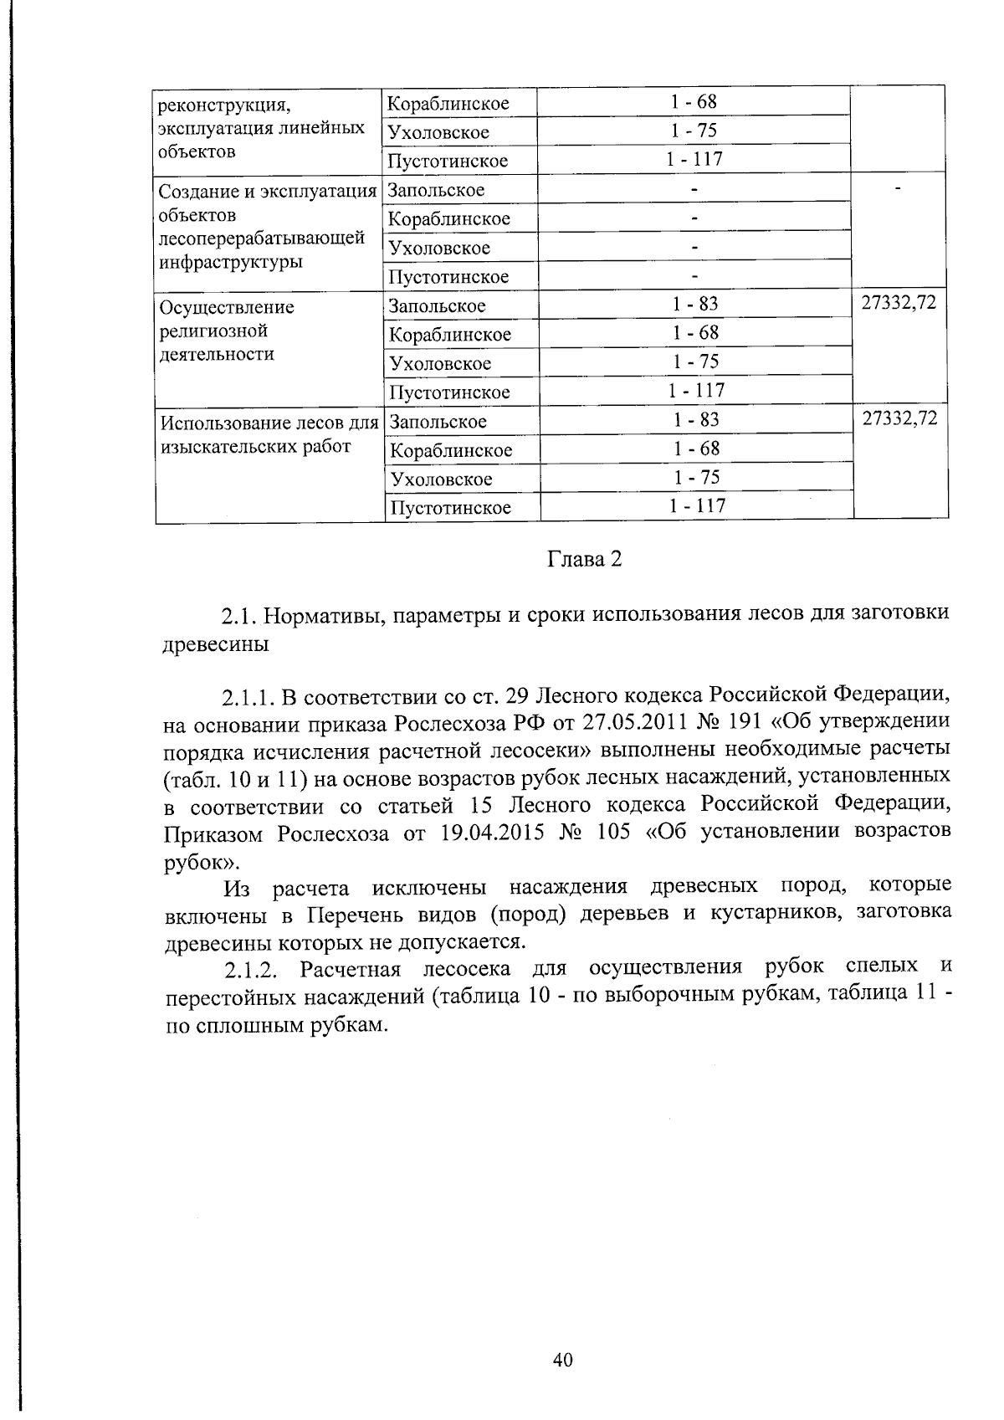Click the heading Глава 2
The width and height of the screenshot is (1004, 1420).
[585, 560]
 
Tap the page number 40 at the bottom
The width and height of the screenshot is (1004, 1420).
[562, 1360]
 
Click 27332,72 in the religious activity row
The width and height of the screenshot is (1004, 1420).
[899, 303]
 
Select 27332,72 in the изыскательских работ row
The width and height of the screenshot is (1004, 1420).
[899, 418]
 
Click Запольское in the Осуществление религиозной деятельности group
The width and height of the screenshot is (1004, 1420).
[437, 305]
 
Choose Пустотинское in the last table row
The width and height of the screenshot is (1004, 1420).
[450, 508]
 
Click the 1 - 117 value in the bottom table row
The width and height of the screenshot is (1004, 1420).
[696, 505]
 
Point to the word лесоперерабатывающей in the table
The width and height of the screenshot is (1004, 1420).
[261, 238]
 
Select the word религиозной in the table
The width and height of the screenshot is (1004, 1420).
[213, 331]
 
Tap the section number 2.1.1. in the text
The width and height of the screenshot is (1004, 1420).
[248, 695]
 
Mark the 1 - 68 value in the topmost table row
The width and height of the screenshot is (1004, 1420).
[694, 102]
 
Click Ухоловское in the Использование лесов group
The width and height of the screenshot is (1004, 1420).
[441, 479]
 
